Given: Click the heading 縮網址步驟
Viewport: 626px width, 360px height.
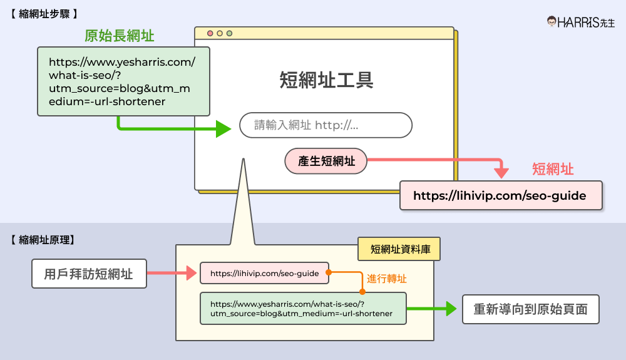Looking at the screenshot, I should (44, 13).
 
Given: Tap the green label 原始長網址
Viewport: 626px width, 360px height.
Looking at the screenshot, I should (120, 36).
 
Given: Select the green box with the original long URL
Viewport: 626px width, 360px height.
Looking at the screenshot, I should (123, 81).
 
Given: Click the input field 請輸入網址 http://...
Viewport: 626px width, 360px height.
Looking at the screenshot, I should (326, 125).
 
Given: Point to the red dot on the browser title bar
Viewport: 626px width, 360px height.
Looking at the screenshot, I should (210, 33).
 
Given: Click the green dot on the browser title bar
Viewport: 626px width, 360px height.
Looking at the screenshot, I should (229, 33).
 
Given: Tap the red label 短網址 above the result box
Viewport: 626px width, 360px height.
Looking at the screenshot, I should (553, 168).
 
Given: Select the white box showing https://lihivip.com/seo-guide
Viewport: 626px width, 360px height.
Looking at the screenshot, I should (500, 195).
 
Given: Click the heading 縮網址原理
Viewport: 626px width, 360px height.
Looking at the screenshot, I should (44, 239).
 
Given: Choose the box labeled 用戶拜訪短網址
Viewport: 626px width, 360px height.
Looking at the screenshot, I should (89, 274).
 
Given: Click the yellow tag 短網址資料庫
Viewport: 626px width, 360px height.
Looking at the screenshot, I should (398, 249).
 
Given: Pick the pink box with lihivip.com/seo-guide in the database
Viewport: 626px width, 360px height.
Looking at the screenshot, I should (264, 273).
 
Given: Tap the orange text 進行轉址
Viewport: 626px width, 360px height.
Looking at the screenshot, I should (386, 279).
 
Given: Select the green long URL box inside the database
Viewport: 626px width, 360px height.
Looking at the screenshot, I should (303, 308).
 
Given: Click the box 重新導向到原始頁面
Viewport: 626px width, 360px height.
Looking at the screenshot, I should (530, 309).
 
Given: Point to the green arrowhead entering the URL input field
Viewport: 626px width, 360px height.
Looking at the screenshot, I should (224, 129).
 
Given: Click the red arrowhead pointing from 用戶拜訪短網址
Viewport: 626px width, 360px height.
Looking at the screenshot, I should (192, 273).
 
